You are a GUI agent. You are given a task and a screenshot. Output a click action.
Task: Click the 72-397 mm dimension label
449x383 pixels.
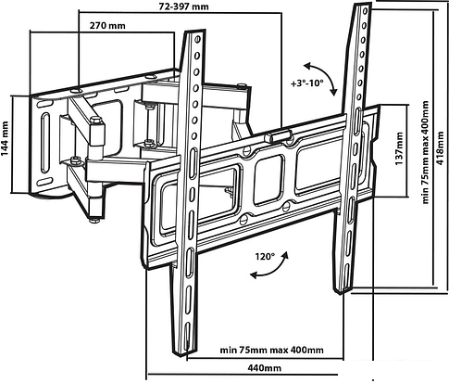(183, 6)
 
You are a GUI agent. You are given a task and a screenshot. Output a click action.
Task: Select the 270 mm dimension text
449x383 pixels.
(107, 25)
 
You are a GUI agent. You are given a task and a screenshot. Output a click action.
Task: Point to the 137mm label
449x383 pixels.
(399, 148)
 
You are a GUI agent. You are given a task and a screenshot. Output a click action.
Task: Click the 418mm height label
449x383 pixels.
(441, 148)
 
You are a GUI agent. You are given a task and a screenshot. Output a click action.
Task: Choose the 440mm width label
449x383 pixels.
(265, 368)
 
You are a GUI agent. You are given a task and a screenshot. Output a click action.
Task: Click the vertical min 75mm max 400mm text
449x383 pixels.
(426, 152)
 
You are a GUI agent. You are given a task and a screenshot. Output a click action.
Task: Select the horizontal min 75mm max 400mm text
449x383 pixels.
(272, 351)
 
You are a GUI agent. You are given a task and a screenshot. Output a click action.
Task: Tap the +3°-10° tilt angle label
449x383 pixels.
(306, 83)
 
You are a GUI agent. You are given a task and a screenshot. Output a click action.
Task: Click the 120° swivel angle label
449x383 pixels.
(265, 257)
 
